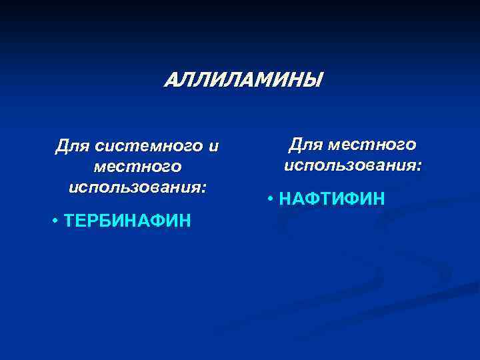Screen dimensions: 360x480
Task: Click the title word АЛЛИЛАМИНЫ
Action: point(243,81)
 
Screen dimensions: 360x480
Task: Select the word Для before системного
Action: point(73,145)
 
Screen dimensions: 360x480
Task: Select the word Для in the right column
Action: point(306,143)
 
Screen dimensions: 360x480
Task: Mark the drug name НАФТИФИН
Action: point(331,198)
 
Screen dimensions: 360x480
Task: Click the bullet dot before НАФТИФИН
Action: point(270,198)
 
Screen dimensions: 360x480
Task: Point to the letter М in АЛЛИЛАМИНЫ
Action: point(259,81)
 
